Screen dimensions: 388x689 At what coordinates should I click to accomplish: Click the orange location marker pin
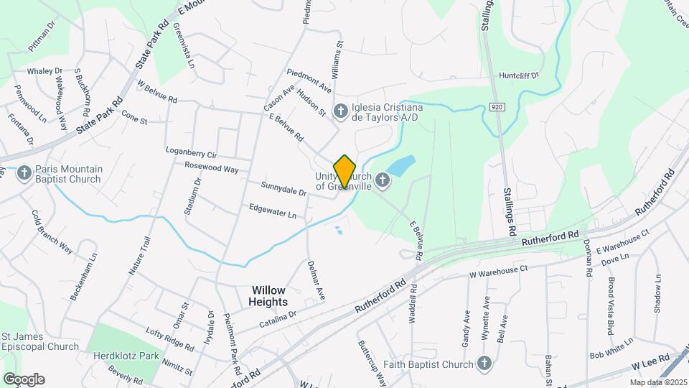[x=344, y=172]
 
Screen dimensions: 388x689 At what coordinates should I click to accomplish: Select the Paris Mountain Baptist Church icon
[x=24, y=173]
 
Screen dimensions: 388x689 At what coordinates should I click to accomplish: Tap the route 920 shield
[x=496, y=106]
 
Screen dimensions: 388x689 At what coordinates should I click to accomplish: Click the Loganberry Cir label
[x=191, y=154]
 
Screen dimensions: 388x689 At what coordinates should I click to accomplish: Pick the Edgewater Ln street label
[x=272, y=213]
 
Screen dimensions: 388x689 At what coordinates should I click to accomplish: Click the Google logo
[x=24, y=379]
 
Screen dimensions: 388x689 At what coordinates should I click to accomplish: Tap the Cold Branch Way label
[x=52, y=232]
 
